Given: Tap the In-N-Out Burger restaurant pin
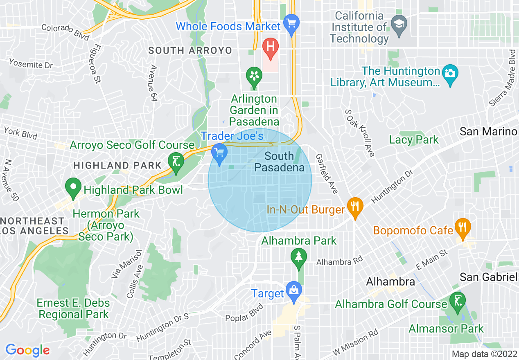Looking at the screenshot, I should click(354, 207).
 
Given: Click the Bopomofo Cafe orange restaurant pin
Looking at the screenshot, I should click(463, 227).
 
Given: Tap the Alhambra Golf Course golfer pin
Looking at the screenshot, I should click(457, 302).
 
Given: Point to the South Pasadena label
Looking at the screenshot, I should click(280, 162).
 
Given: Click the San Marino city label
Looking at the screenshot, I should click(488, 131).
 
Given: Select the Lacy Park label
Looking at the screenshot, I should click(413, 139).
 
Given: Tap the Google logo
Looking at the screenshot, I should click(27, 350).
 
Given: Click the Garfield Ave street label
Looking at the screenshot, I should click(327, 173).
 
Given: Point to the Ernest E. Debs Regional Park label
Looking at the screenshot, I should click(73, 308).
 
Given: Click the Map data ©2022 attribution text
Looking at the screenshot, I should click(484, 354).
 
